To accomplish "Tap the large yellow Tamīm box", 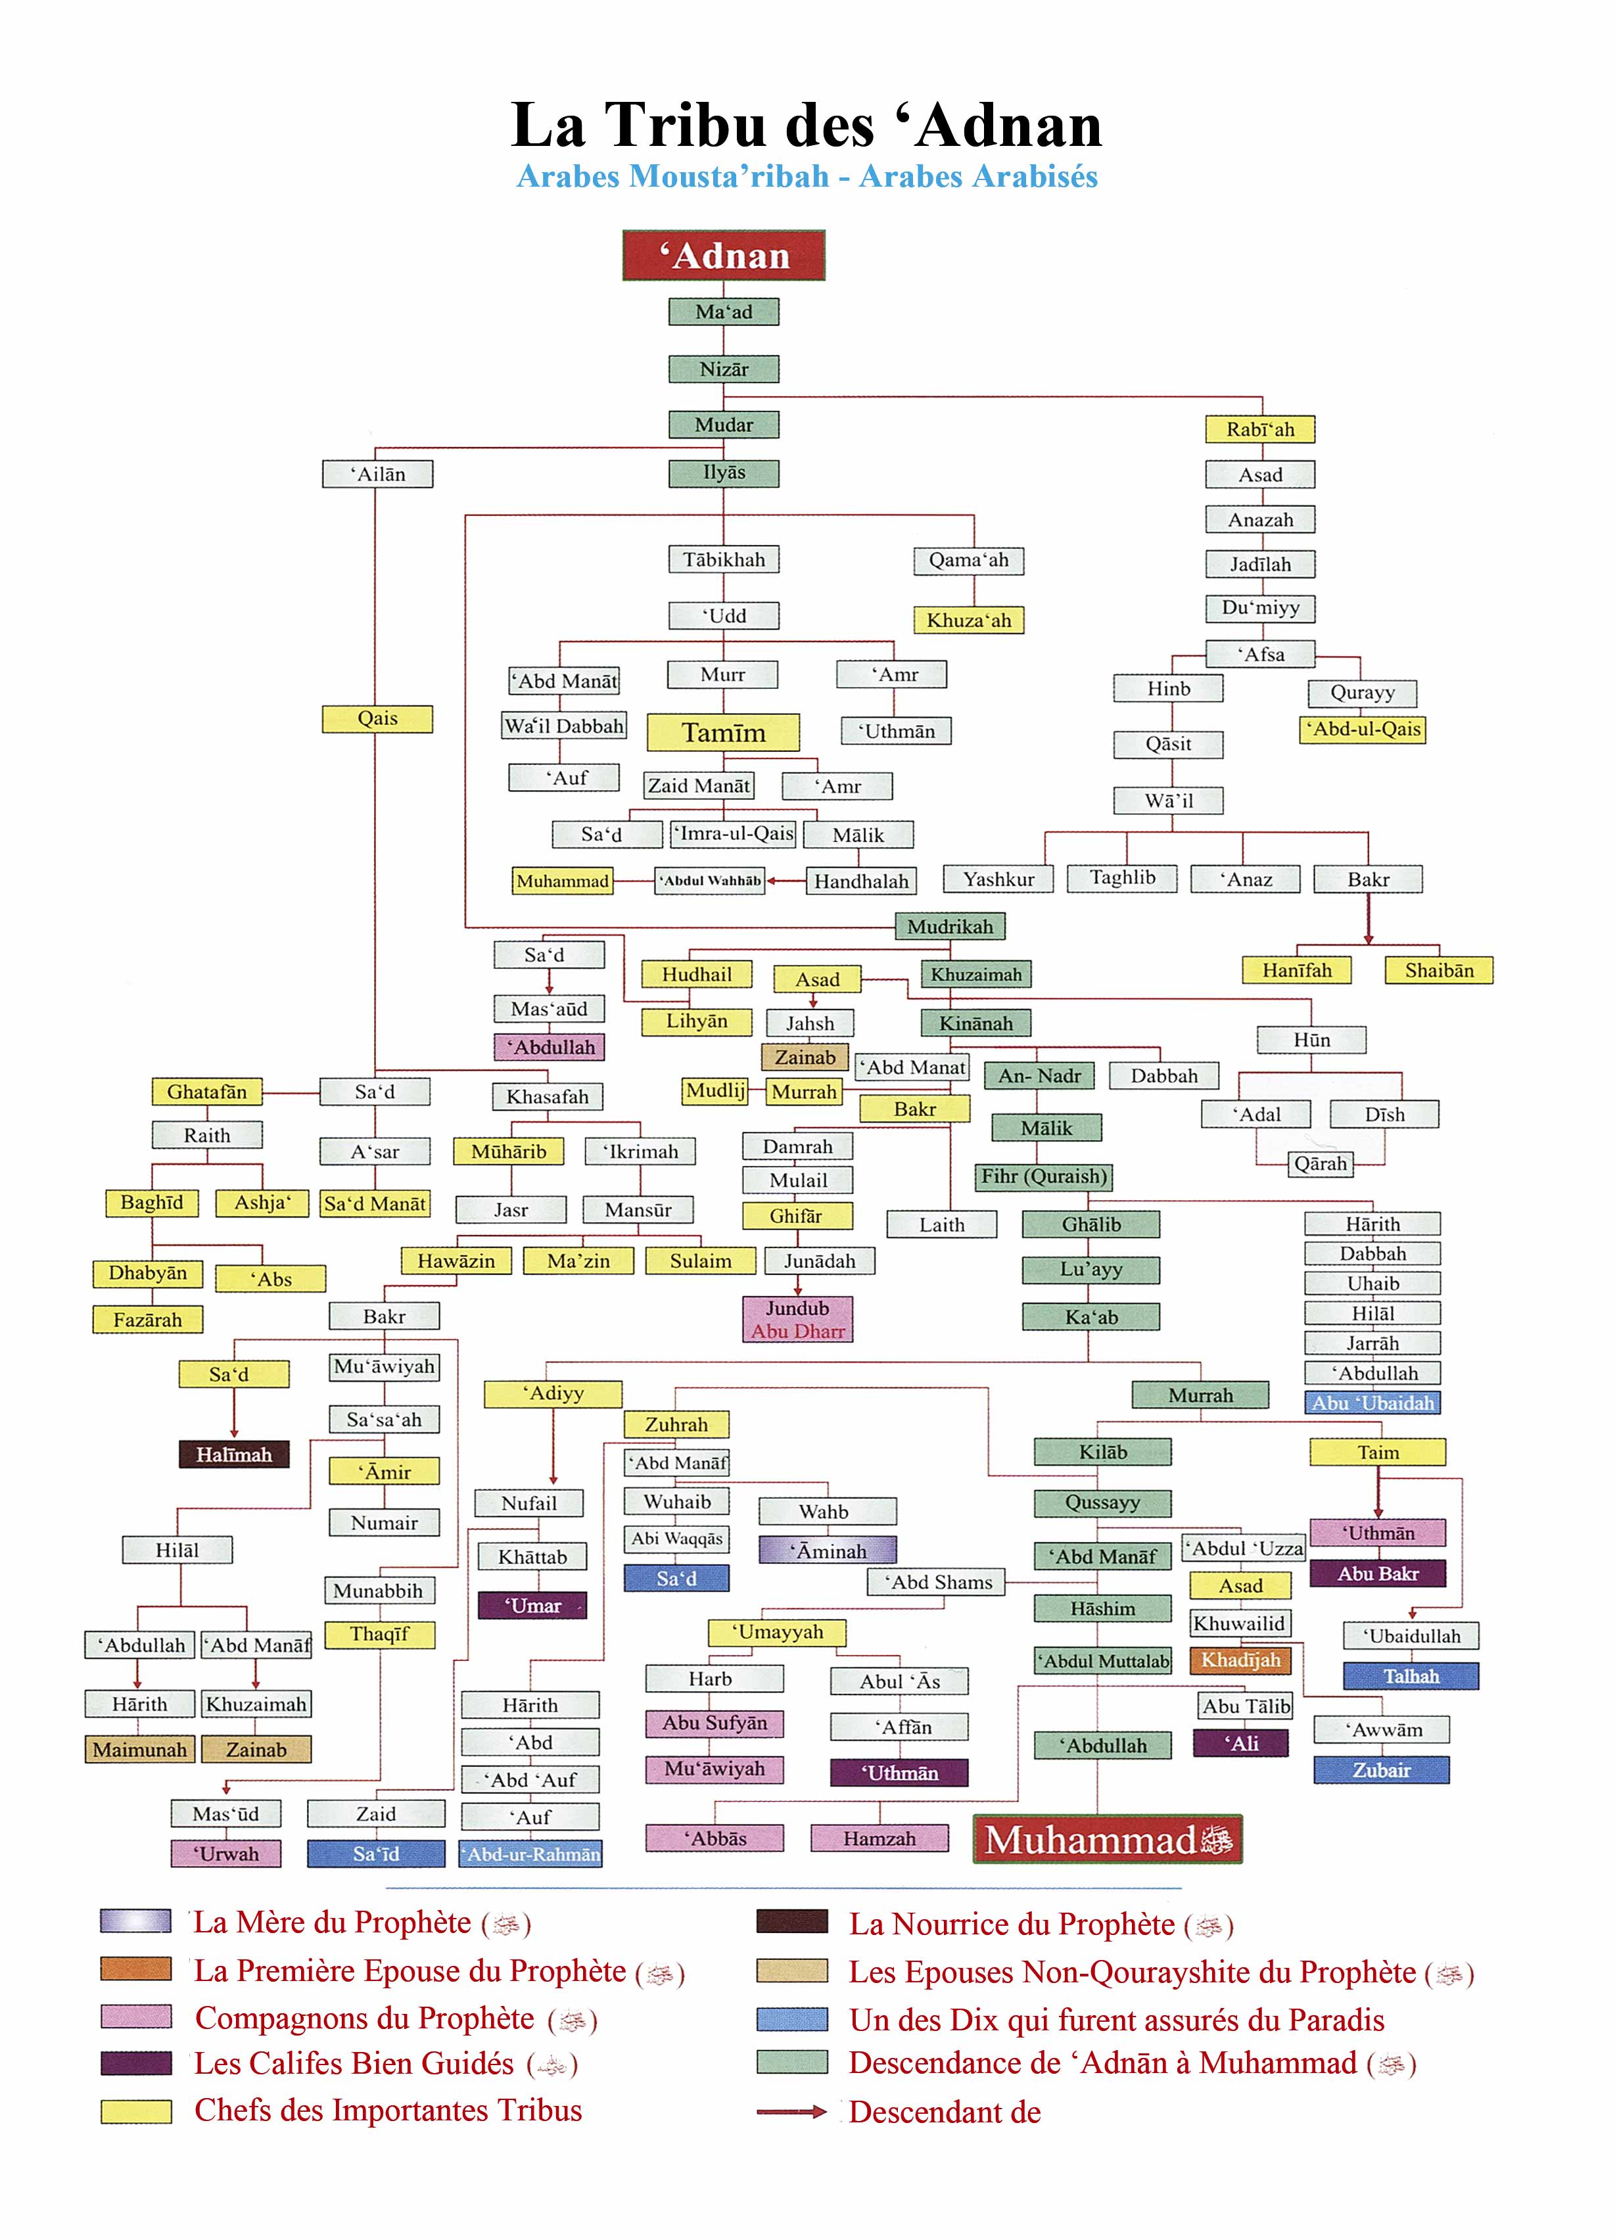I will tap(723, 733).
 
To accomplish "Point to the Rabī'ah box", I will tap(1261, 430).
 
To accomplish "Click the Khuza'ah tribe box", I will tap(968, 620).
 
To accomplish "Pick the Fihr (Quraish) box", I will tap(1044, 1177).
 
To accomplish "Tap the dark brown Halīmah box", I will tap(234, 1454).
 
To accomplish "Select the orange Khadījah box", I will tap(1240, 1660).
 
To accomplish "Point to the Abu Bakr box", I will tap(1377, 1574).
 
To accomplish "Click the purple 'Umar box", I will tap(532, 1606).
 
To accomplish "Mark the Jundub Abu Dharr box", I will tap(797, 1320).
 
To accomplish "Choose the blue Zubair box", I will tap(1381, 1770).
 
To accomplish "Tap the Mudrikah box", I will tap(950, 926).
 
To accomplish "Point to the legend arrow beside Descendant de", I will tap(791, 2112).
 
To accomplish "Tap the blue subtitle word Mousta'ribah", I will tap(729, 177).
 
